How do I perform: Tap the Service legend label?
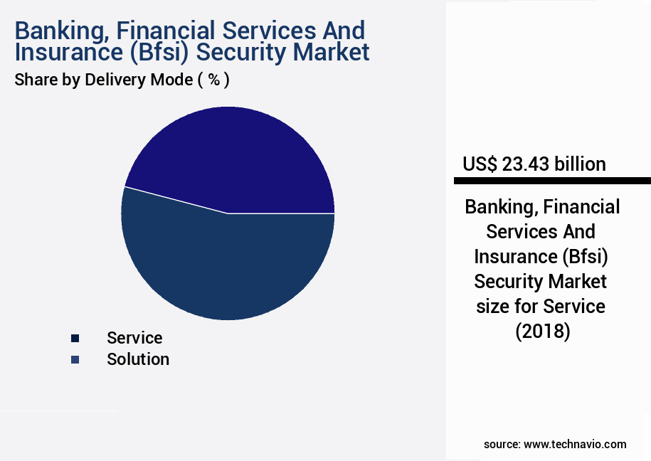pyautogui.click(x=134, y=338)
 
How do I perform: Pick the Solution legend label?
pyautogui.click(x=138, y=359)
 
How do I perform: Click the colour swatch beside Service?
pyautogui.click(x=75, y=339)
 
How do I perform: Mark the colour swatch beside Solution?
pyautogui.click(x=75, y=360)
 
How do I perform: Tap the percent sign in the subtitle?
pyautogui.click(x=214, y=79)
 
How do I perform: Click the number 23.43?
pyautogui.click(x=526, y=164)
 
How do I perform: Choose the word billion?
pyautogui.click(x=580, y=164)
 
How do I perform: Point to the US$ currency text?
pyautogui.click(x=480, y=164)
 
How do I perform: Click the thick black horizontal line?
pyautogui.click(x=552, y=181)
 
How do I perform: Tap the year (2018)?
pyautogui.click(x=543, y=332)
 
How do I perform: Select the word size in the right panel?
pyautogui.click(x=493, y=307)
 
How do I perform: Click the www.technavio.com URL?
pyautogui.click(x=575, y=445)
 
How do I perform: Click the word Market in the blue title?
pyautogui.click(x=331, y=53)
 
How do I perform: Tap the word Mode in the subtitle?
pyautogui.click(x=171, y=80)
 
